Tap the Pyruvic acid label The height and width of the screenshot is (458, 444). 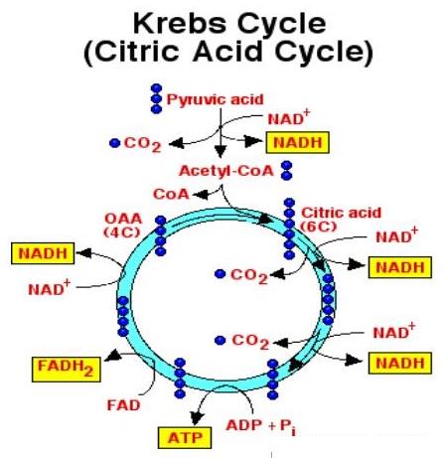[215, 99]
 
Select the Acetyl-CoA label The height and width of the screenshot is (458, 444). [226, 171]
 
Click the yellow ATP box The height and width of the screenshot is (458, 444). [185, 438]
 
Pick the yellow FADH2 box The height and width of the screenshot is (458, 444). [67, 370]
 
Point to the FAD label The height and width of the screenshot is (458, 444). [123, 405]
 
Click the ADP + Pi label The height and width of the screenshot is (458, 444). [261, 426]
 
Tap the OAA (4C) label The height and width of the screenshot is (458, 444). [123, 226]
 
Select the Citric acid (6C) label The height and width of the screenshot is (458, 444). [341, 219]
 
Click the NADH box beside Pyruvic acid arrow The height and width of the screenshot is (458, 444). [298, 142]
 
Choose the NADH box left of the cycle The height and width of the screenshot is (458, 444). [43, 253]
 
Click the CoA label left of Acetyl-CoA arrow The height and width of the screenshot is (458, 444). [171, 194]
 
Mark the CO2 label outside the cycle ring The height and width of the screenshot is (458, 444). [142, 144]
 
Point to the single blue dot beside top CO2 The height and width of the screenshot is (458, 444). [115, 143]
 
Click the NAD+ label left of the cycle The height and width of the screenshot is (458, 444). [50, 288]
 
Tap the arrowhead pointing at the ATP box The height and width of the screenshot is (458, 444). [197, 418]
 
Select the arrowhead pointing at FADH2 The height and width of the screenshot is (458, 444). [111, 355]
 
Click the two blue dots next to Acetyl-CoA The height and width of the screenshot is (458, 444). [286, 171]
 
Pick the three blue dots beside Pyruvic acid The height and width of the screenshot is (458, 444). [156, 98]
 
